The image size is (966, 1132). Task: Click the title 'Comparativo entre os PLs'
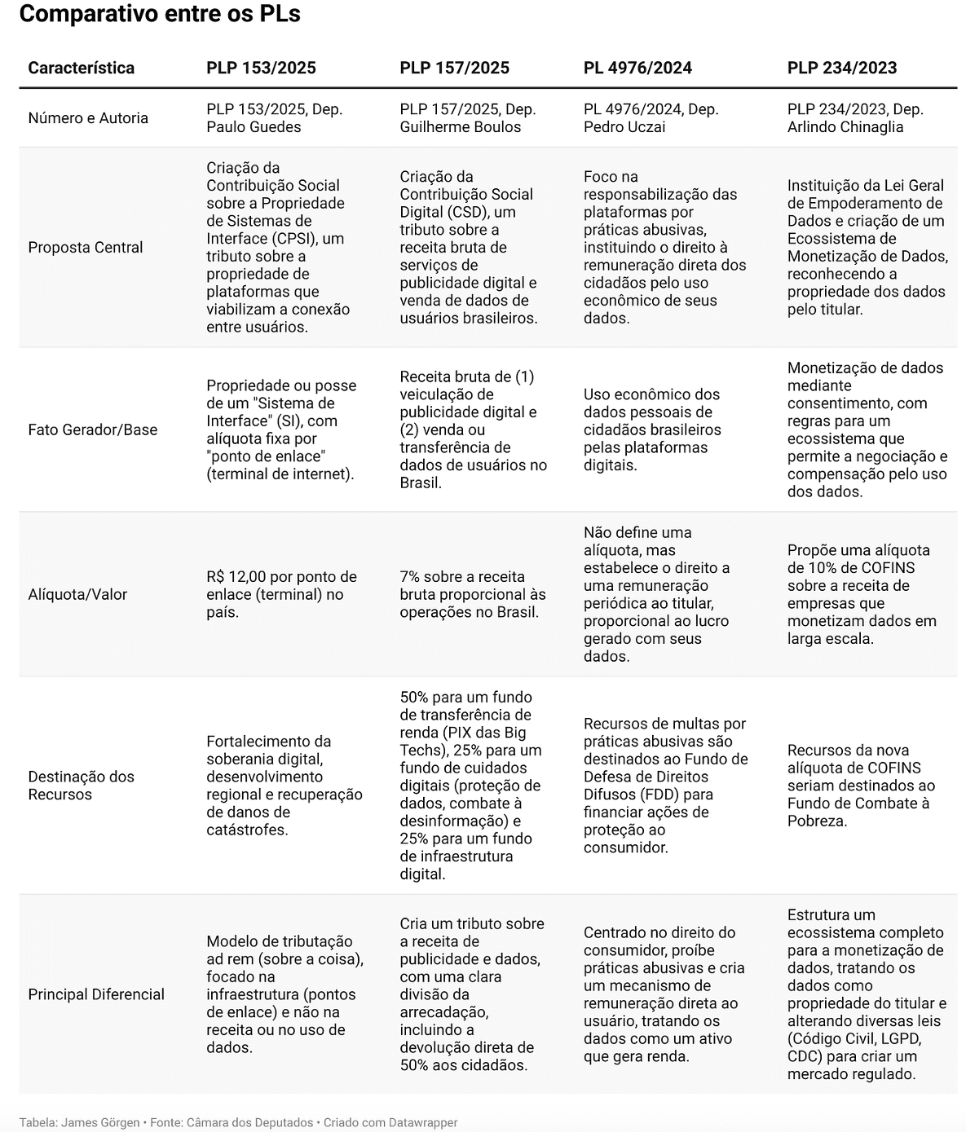coord(160,15)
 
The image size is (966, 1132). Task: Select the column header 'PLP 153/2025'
coord(261,68)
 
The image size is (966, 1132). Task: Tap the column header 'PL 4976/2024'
coord(637,68)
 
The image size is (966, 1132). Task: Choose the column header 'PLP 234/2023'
coord(842,68)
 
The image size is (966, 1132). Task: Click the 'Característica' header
coord(81,68)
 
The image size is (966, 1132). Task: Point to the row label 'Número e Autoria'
coord(88,118)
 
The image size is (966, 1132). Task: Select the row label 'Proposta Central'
coord(86,247)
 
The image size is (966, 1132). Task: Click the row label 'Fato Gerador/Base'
coord(93,429)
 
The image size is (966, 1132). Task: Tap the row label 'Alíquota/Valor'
coord(77,594)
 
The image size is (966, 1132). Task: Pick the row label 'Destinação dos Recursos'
coord(81,786)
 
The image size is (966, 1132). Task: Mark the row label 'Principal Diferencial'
coord(96,994)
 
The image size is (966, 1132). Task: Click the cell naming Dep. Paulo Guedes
coord(274,118)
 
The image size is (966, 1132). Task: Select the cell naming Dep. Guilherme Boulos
coord(467,118)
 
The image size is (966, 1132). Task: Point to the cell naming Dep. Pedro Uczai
coord(651,118)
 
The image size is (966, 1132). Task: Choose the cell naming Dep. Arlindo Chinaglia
coord(854,118)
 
